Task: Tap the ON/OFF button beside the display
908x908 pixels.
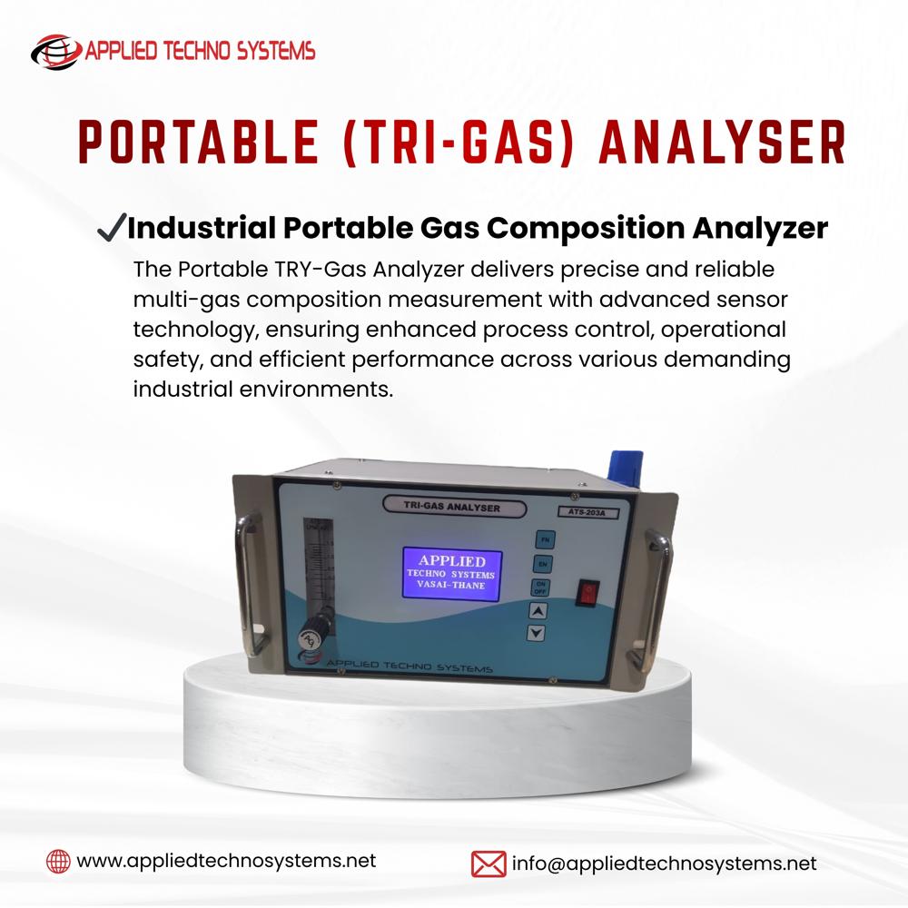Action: tap(539, 587)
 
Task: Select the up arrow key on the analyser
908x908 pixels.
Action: tap(538, 610)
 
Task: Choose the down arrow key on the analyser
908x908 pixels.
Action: tap(538, 633)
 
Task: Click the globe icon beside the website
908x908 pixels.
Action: tap(58, 861)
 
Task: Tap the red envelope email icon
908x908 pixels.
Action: tap(489, 863)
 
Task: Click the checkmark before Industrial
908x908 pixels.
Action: tap(111, 228)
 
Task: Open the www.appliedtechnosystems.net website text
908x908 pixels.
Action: tap(226, 861)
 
